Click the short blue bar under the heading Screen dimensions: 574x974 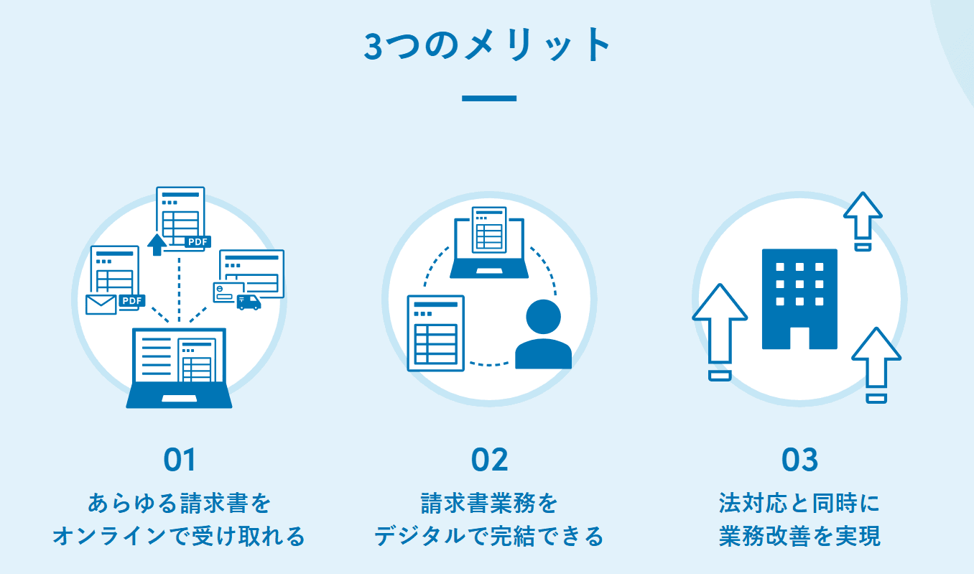pyautogui.click(x=488, y=98)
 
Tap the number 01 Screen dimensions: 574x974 pyautogui.click(x=180, y=460)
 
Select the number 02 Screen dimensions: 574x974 pyautogui.click(x=489, y=460)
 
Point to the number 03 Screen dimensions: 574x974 pyautogui.click(x=799, y=460)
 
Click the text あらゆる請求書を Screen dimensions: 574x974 pyautogui.click(x=180, y=503)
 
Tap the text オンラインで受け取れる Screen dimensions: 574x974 pyautogui.click(x=180, y=536)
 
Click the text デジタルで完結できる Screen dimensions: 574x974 pyautogui.click(x=489, y=536)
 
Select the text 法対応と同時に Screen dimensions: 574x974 pyautogui.click(x=799, y=503)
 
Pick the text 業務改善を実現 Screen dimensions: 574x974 pyautogui.click(x=799, y=536)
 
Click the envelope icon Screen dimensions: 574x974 pyautogui.click(x=101, y=305)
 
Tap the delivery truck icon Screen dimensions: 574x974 pyautogui.click(x=249, y=302)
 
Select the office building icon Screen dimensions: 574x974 pyautogui.click(x=799, y=298)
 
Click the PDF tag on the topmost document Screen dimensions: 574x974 pyautogui.click(x=198, y=242)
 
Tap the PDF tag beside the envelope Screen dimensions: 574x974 pyautogui.click(x=131, y=300)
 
